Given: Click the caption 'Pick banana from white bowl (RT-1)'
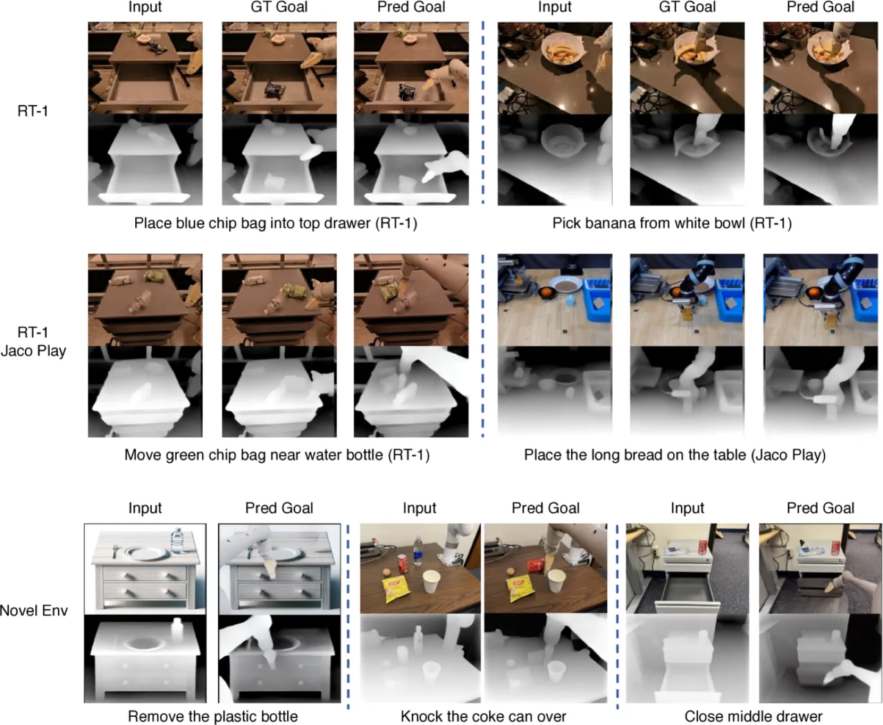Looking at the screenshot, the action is (672, 224).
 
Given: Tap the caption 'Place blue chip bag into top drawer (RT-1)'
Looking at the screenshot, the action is (275, 224).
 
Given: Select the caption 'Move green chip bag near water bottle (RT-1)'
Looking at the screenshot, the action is (277, 455).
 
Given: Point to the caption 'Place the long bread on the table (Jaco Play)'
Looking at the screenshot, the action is (675, 455).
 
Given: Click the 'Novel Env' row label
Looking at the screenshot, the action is (34, 610).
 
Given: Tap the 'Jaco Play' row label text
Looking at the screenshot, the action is (34, 351).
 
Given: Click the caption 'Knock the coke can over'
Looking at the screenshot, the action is (483, 717).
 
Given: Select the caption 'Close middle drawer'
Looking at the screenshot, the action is (753, 717).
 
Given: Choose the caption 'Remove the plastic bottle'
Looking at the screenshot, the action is (212, 717).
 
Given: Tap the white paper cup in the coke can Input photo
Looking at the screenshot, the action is (432, 582).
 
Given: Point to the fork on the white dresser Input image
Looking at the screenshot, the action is (115, 551).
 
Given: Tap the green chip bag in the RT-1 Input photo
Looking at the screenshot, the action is (152, 276).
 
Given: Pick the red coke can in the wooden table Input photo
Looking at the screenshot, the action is (402, 564).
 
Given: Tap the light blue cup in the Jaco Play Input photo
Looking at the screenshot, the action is (569, 300).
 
